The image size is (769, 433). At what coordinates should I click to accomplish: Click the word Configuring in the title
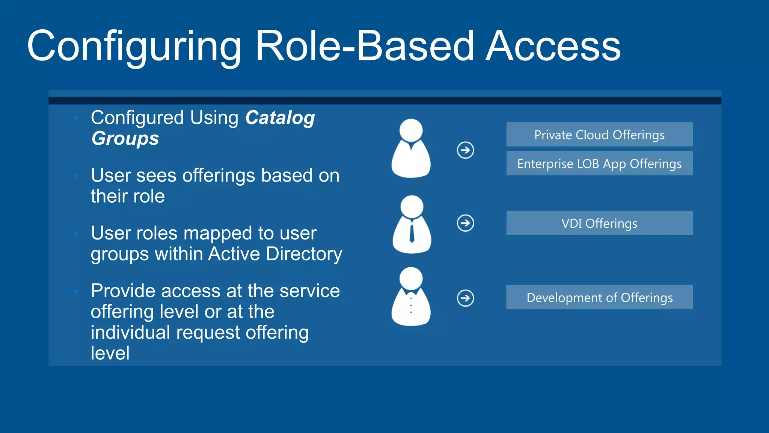tap(134, 47)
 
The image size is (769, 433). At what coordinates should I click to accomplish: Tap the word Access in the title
tap(553, 46)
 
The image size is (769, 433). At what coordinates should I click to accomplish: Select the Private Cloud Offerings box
tap(599, 135)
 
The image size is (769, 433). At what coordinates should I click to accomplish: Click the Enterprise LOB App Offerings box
tap(599, 164)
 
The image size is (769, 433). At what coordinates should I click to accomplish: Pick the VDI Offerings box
tap(599, 223)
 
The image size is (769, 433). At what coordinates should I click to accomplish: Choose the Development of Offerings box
tap(599, 297)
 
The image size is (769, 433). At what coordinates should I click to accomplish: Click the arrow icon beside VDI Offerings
tap(465, 223)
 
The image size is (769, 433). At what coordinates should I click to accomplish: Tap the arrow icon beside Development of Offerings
tap(465, 298)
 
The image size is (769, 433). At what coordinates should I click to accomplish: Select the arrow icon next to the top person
tap(465, 150)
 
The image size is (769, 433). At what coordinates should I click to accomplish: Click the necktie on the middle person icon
tap(412, 233)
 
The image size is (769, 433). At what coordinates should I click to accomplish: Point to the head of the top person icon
tap(411, 130)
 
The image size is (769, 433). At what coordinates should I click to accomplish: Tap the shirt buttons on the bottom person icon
tap(411, 305)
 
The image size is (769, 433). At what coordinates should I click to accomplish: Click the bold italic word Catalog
tap(280, 118)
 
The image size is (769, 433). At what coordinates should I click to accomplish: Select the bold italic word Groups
tap(125, 138)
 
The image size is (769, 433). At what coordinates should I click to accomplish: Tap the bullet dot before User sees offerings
tap(76, 176)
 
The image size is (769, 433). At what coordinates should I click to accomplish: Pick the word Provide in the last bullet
tap(123, 291)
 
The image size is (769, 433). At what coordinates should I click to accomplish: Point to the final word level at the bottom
tap(110, 353)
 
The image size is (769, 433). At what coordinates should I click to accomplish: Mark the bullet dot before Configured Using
tap(76, 118)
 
